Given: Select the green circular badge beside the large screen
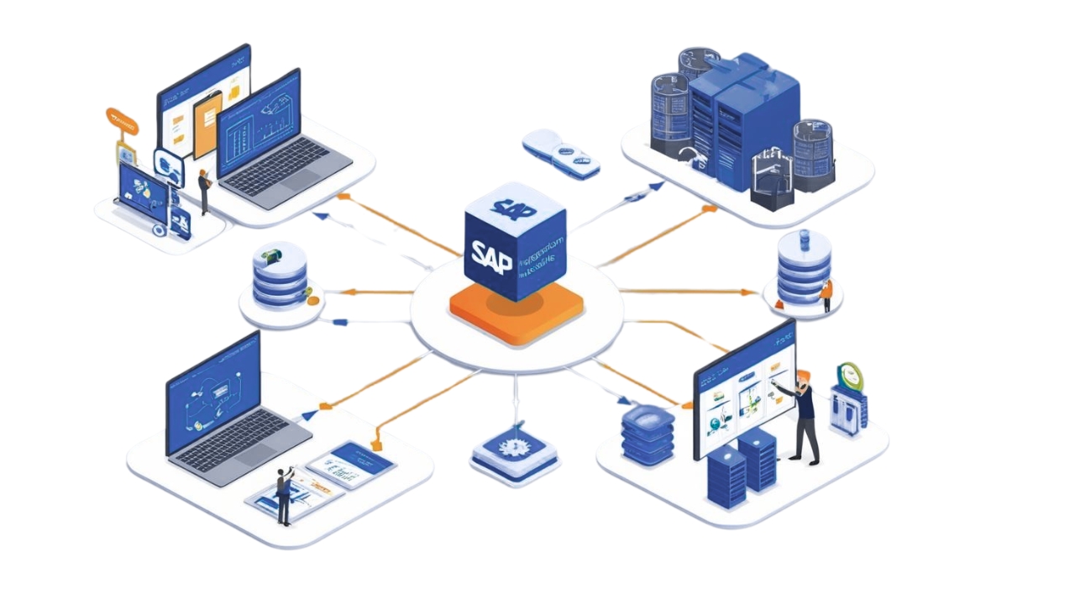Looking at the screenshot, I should (x=850, y=376).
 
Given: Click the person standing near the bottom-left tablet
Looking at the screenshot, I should (x=285, y=496).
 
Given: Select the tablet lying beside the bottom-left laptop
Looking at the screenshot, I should (x=352, y=464).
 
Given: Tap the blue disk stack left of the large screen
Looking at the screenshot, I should (x=648, y=434).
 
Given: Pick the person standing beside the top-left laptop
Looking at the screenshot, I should (x=203, y=191).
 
